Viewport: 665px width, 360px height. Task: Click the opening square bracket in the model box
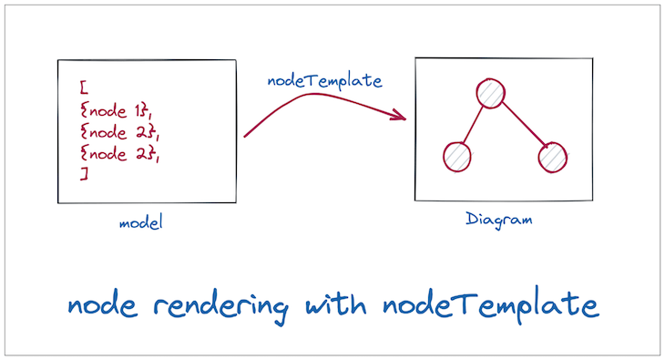point(83,87)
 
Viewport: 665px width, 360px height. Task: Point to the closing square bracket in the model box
point(83,175)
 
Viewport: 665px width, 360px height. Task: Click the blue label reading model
point(140,222)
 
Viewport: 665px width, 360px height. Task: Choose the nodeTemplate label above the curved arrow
point(323,80)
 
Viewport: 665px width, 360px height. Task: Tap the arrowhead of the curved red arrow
point(399,115)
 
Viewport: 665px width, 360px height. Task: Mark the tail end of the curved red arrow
point(246,136)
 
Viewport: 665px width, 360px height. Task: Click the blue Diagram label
point(498,220)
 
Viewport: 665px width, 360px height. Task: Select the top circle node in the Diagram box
point(490,93)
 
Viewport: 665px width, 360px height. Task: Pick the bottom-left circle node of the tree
point(457,157)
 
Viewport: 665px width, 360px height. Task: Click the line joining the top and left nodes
point(474,125)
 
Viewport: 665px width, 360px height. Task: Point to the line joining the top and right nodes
point(522,126)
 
